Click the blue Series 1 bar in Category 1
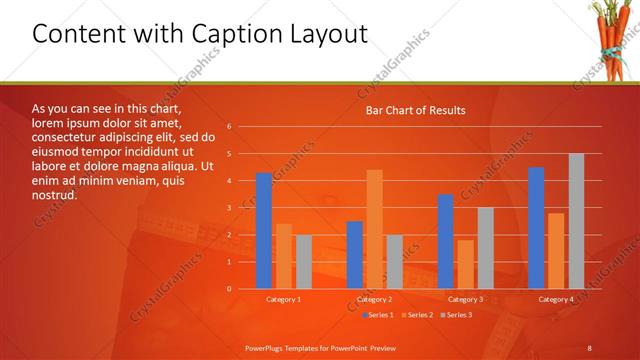click(264, 231)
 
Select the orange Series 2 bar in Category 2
click(374, 229)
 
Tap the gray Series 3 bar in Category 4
click(576, 221)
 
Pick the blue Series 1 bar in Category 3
click(445, 241)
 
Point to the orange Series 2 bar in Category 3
click(465, 264)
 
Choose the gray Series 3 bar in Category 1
click(303, 262)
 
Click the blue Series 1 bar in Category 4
click(536, 228)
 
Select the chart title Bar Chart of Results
click(415, 110)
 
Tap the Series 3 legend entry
click(457, 315)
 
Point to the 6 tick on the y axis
click(229, 127)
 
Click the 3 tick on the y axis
click(229, 208)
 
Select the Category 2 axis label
click(374, 299)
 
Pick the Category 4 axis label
click(556, 299)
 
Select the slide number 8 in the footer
click(589, 347)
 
